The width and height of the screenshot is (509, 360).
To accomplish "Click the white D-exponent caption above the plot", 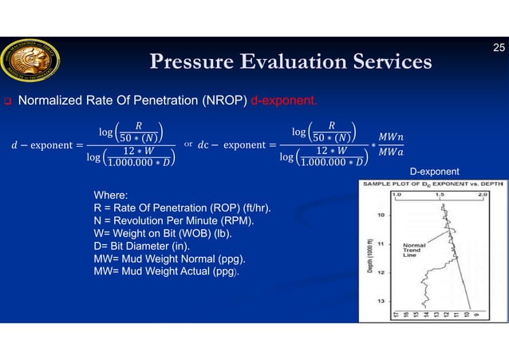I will click(436, 172).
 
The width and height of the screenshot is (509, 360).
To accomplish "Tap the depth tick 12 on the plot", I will click(381, 272).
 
